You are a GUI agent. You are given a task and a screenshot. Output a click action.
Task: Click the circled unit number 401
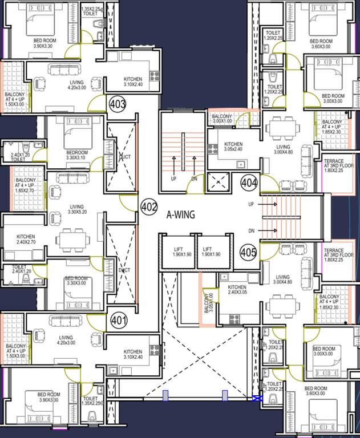[118, 319]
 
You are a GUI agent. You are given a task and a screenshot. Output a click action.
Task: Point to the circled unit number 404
[249, 183]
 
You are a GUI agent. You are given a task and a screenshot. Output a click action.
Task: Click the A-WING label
[181, 215]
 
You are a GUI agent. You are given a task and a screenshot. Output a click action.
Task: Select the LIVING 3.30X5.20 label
[76, 210]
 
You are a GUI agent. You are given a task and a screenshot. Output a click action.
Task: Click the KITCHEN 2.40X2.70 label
[26, 240]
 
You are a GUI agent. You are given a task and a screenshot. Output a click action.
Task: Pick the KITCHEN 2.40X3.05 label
[237, 290]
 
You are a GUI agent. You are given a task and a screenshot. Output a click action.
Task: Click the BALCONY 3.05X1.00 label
[208, 301]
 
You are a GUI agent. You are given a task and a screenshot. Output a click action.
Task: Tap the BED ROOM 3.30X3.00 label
[76, 281]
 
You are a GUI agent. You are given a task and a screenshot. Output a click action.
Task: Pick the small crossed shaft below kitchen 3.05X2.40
[219, 183]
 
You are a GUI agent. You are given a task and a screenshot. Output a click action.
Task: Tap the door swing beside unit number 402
[128, 202]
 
